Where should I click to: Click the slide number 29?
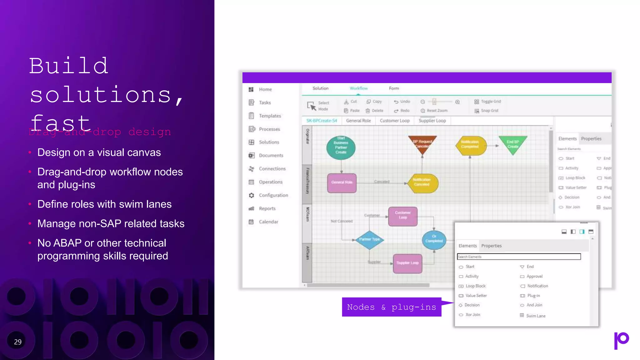pyautogui.click(x=18, y=342)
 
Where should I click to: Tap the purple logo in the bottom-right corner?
pyautogui.click(x=621, y=340)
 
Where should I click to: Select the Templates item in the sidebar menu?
pyautogui.click(x=270, y=116)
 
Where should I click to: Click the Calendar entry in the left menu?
pyautogui.click(x=268, y=222)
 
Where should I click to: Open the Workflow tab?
pyautogui.click(x=358, y=88)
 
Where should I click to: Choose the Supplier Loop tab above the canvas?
pyautogui.click(x=432, y=121)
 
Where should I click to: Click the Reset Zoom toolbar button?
pyautogui.click(x=437, y=111)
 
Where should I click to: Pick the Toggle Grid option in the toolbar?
pyautogui.click(x=490, y=102)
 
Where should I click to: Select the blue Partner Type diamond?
pyautogui.click(x=369, y=239)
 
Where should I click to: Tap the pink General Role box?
pyautogui.click(x=342, y=182)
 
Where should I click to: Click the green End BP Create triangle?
pyautogui.click(x=513, y=144)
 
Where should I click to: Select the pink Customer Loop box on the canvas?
pyautogui.click(x=402, y=216)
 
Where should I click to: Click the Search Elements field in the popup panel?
pyautogui.click(x=519, y=257)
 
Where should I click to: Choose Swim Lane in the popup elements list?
pyautogui.click(x=535, y=316)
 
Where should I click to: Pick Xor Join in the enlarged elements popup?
pyautogui.click(x=472, y=315)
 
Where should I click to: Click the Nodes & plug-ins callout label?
pyautogui.click(x=392, y=307)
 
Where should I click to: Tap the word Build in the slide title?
pyautogui.click(x=69, y=66)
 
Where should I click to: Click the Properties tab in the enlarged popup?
pyautogui.click(x=491, y=246)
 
